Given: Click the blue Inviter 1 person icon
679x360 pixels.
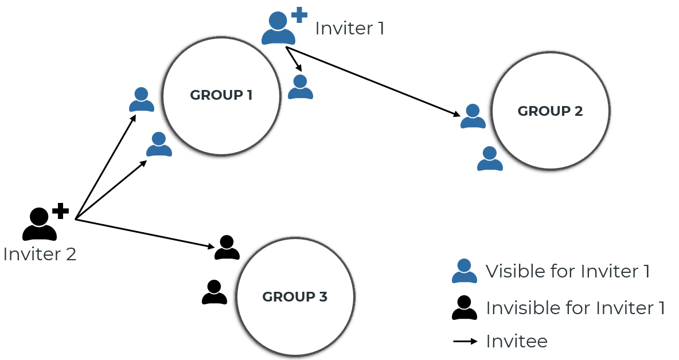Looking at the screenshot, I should [278, 30].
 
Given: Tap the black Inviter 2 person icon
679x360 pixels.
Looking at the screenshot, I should [40, 225].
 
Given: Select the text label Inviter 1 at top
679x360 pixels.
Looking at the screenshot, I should [349, 28].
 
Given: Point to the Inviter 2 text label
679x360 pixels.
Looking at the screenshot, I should [40, 254].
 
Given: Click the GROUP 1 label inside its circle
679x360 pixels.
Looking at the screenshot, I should [221, 95].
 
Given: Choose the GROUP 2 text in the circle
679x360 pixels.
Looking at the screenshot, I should [550, 111].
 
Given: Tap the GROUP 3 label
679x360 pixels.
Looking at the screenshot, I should [295, 297].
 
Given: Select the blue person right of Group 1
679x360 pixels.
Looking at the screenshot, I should [301, 87].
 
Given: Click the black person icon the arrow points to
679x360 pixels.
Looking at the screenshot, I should [227, 248].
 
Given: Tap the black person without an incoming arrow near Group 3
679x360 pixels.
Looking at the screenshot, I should [214, 292].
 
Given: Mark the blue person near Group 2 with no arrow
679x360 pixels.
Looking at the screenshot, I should [490, 159].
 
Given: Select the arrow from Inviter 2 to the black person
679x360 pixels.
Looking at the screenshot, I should [143, 233].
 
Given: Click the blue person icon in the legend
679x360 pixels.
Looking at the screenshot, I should [465, 271].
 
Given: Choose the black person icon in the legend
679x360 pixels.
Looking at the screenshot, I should [465, 308].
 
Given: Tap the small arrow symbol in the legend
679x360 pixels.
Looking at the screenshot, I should [465, 342].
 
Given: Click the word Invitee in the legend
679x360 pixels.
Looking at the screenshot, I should [516, 342].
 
